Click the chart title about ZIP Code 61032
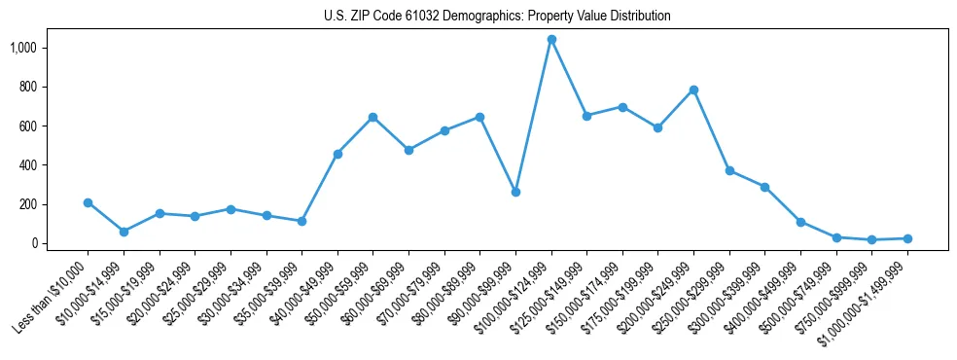click(497, 17)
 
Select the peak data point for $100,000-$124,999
click(551, 39)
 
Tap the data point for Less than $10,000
click(88, 202)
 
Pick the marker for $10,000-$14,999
click(124, 232)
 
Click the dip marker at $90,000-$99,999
click(515, 192)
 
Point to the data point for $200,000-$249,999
click(693, 90)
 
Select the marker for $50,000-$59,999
click(372, 117)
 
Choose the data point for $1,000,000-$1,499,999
click(907, 238)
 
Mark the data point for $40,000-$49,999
click(337, 154)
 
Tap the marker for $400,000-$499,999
click(800, 222)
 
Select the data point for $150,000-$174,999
click(622, 107)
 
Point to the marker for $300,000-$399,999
click(764, 187)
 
